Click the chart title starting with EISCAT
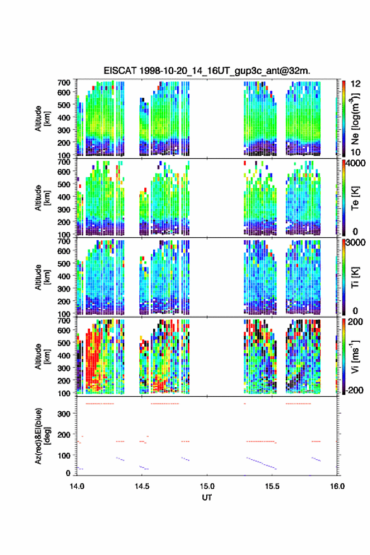tap(207, 71)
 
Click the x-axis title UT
tap(207, 498)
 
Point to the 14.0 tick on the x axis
tap(77, 486)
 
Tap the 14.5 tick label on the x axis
tap(142, 486)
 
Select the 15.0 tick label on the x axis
tap(207, 486)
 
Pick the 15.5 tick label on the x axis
tap(272, 486)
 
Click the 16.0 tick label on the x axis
tap(337, 486)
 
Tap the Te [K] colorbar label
tap(355, 198)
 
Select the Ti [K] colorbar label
tap(355, 277)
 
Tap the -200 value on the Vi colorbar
tap(354, 390)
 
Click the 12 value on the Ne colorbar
tap(356, 84)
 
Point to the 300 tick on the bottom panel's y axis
tap(64, 414)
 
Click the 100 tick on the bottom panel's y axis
tap(64, 455)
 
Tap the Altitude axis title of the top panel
tap(43, 119)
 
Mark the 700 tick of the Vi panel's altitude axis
tap(64, 320)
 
